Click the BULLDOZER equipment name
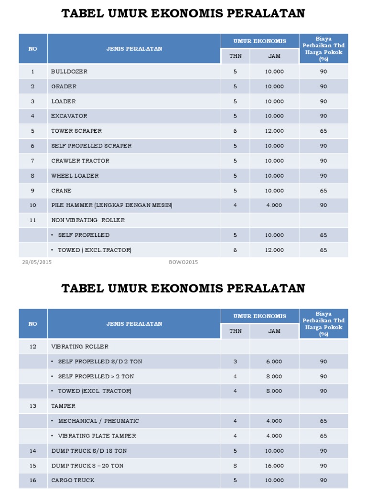tap(69, 72)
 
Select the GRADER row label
tap(64, 86)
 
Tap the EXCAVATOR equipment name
tap(69, 116)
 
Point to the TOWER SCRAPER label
tap(76, 131)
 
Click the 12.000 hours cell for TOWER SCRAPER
tap(274, 131)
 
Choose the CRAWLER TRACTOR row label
tap(80, 161)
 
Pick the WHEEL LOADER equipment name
tap(75, 176)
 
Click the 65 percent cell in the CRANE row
tap(324, 191)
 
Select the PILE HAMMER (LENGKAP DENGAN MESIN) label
tap(112, 205)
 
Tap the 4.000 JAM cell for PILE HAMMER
tap(274, 205)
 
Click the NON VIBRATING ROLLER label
tap(88, 220)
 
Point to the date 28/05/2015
tap(37, 262)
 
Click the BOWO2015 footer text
tap(183, 262)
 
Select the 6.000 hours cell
tap(274, 361)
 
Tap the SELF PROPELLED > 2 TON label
tap(96, 376)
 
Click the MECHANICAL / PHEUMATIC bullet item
tap(98, 421)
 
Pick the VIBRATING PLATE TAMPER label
tap(97, 436)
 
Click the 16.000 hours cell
tap(274, 466)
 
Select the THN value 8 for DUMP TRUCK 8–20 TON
tap(235, 466)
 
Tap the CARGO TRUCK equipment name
tap(73, 480)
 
